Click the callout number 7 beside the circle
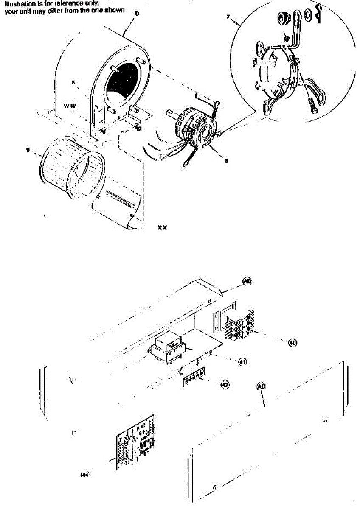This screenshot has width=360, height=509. [228, 17]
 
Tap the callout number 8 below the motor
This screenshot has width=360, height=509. [227, 161]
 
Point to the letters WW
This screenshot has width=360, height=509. [70, 105]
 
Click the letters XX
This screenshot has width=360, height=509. [162, 228]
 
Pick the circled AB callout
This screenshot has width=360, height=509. [247, 280]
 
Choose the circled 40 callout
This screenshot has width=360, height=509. [292, 343]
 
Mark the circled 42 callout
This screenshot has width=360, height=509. [225, 385]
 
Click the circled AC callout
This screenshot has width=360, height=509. [262, 386]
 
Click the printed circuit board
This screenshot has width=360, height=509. [136, 443]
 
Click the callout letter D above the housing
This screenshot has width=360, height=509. [137, 14]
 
